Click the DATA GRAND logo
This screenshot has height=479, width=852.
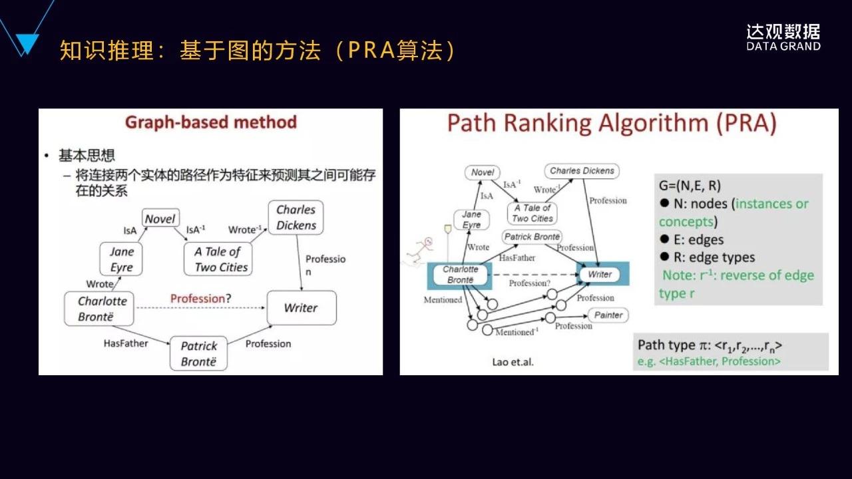(x=783, y=37)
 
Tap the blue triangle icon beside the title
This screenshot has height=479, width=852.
(x=27, y=44)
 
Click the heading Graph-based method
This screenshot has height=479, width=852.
(x=211, y=122)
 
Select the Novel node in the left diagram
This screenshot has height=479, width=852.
(x=160, y=219)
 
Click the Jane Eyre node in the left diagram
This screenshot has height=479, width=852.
(x=121, y=259)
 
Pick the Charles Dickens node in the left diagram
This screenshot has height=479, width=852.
(x=296, y=218)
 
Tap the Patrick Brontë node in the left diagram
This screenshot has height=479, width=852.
(x=199, y=354)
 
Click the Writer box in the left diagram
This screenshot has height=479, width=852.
(x=301, y=307)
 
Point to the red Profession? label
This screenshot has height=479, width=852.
(x=200, y=299)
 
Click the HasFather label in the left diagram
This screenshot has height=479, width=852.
(x=126, y=343)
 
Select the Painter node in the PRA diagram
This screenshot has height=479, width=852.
(x=608, y=315)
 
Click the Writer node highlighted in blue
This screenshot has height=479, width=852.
(x=599, y=274)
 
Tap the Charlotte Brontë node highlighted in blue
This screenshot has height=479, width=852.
(x=461, y=274)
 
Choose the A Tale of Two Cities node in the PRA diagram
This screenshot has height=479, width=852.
(x=532, y=213)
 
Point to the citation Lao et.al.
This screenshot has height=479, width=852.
(x=513, y=363)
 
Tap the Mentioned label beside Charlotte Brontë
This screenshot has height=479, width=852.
(x=443, y=300)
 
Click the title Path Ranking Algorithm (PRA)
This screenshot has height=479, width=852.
(x=612, y=124)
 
